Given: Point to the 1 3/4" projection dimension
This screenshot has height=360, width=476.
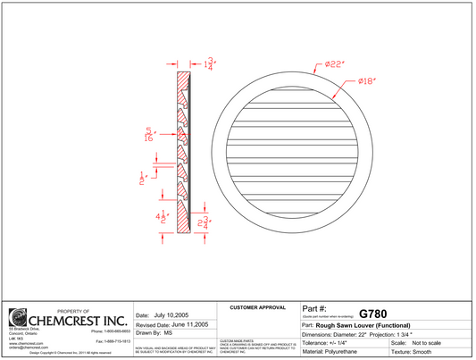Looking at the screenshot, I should [210, 64].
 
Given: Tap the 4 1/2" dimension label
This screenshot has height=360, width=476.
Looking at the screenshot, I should [162, 217].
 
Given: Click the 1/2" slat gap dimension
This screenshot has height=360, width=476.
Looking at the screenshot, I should [142, 177].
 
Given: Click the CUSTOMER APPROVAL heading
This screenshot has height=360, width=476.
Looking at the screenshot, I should [258, 306].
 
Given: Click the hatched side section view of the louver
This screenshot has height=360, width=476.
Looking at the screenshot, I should [183, 152].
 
